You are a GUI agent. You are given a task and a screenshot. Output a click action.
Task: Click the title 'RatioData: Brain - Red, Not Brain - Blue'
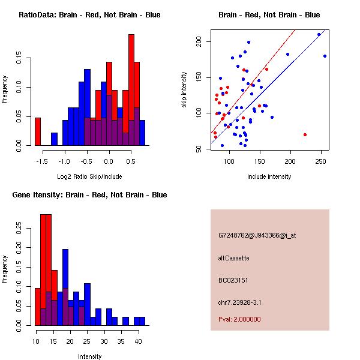(89, 14)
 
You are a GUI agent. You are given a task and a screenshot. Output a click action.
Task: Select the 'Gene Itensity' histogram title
(89, 194)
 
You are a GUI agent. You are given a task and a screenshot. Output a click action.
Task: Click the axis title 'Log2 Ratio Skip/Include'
(89, 176)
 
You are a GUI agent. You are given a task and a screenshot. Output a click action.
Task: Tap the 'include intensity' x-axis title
(269, 176)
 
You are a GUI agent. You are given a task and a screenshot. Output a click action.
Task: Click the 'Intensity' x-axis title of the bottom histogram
(90, 356)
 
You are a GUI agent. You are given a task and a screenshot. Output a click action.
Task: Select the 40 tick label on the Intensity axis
(138, 341)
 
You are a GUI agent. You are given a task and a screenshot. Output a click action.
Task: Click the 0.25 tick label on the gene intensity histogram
(21, 228)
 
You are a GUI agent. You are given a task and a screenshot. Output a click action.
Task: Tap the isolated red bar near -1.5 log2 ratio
(38, 131)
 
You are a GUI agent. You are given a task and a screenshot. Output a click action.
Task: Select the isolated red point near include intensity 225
(305, 134)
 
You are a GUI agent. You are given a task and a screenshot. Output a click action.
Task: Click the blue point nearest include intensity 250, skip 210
(319, 34)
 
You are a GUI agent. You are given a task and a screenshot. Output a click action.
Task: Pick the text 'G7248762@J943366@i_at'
(257, 235)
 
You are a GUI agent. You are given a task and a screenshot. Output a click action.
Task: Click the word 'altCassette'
(233, 258)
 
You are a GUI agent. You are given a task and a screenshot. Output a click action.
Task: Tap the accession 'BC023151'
(233, 280)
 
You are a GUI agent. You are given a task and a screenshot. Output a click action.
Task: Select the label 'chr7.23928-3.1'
(240, 302)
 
